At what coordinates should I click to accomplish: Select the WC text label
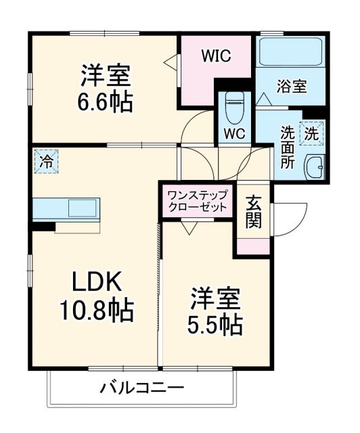click(234, 131)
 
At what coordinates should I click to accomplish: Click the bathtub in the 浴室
click(291, 51)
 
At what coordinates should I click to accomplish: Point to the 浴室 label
click(292, 86)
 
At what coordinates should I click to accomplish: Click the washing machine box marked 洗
click(312, 134)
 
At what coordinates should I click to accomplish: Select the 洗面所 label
click(288, 146)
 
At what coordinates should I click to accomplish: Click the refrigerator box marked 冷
click(46, 162)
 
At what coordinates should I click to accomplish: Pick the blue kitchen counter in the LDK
click(66, 208)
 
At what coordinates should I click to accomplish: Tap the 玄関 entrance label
click(253, 211)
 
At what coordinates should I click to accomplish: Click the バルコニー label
click(142, 388)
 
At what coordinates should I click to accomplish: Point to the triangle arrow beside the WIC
click(170, 64)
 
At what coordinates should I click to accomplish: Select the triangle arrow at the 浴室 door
click(265, 99)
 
